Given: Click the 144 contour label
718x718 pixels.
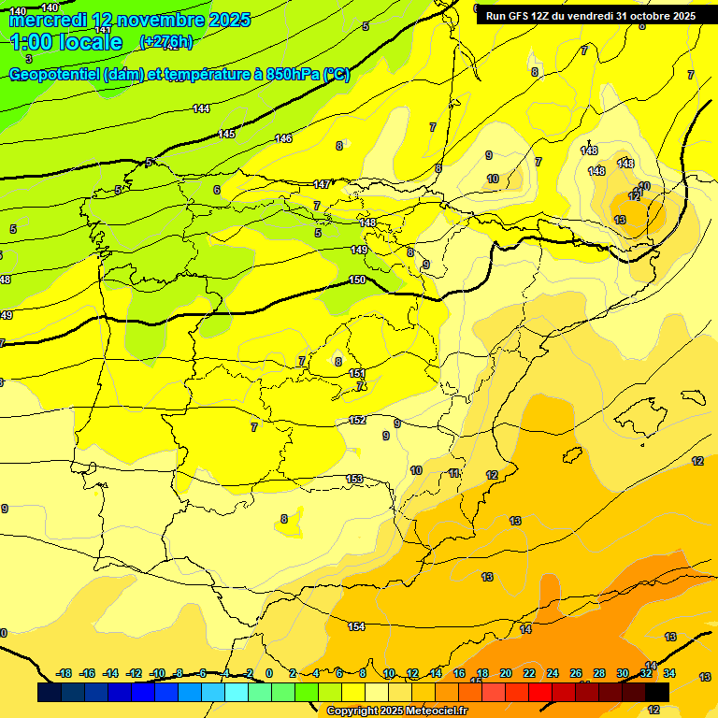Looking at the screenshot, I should point(201,109).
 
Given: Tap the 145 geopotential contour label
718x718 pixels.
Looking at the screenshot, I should point(226,135).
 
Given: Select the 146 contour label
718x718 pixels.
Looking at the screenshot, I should point(283,138).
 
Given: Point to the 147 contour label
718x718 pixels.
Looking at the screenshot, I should point(322,184).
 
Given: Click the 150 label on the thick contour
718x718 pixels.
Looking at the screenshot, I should point(357,280).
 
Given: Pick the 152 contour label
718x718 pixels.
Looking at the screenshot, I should point(357,420).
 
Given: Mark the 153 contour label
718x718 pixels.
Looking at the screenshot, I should point(354,479).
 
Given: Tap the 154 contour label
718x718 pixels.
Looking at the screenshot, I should point(356,626).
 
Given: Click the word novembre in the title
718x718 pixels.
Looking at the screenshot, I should point(151,20).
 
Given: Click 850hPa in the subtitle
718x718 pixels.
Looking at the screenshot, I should point(294,75).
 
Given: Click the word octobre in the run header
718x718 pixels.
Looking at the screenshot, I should point(645,16).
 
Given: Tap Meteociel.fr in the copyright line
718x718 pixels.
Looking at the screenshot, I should point(432,711).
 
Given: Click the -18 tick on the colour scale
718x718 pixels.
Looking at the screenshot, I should point(65,673).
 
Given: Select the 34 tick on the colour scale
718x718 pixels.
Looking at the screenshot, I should point(669,673).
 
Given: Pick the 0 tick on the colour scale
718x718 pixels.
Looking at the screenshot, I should point(269,673).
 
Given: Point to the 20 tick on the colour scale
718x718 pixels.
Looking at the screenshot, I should point(505,673).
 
